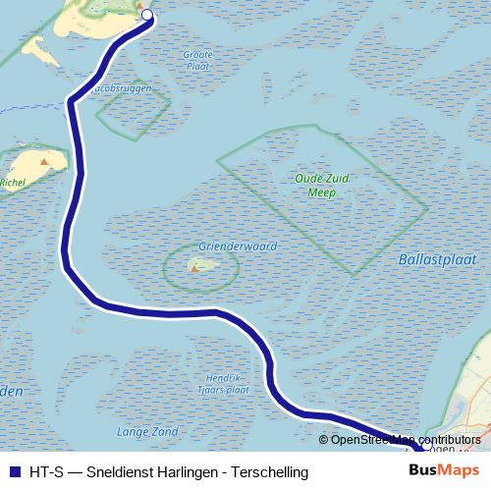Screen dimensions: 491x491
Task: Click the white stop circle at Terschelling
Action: pyautogui.click(x=147, y=15)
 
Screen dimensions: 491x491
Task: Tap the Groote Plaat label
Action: pyautogui.click(x=197, y=61)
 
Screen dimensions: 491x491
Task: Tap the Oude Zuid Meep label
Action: pyautogui.click(x=315, y=186)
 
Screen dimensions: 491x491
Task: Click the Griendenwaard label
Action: pyautogui.click(x=238, y=246)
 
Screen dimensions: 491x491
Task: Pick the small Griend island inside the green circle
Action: pyautogui.click(x=197, y=265)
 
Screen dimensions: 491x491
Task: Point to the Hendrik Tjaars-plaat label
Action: pyautogui.click(x=224, y=384)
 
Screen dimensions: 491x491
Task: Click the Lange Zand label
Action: pyautogui.click(x=147, y=431)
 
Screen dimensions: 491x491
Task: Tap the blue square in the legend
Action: pyautogui.click(x=14, y=472)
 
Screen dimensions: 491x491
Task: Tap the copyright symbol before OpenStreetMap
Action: pyautogui.click(x=324, y=440)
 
